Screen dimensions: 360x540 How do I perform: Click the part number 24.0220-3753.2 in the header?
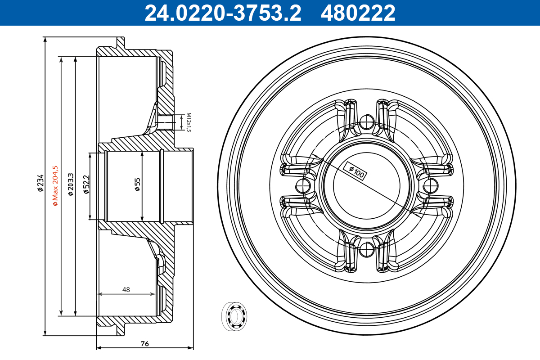[222, 13]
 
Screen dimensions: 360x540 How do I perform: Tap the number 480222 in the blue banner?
[358, 13]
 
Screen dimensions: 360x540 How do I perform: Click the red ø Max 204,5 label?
[55, 186]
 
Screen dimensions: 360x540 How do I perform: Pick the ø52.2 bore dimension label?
[86, 184]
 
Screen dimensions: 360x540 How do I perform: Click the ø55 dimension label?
[138, 184]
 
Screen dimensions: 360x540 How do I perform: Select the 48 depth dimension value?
[126, 290]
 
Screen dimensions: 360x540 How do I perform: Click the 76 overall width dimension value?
[144, 344]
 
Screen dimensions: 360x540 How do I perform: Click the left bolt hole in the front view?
[304, 184]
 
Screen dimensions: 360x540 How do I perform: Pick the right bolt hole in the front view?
[430, 184]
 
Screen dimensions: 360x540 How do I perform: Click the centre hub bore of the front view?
[367, 184]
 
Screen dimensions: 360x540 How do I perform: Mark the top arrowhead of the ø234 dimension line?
[45, 40]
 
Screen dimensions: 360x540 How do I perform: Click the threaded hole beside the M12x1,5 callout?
[166, 122]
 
